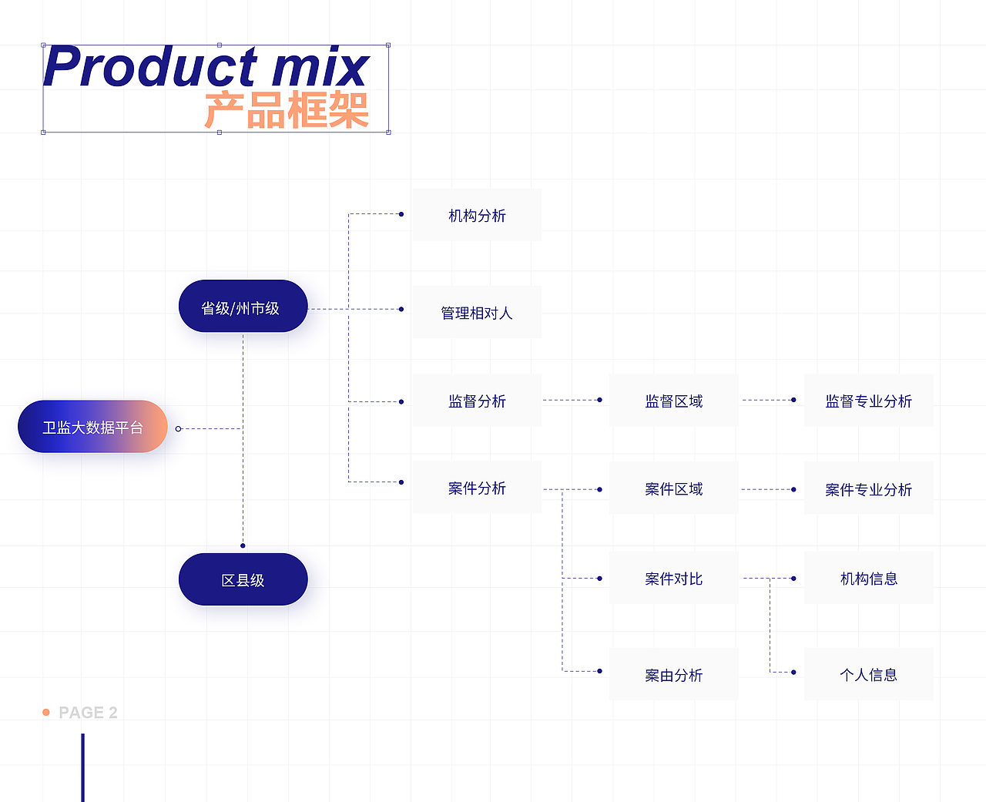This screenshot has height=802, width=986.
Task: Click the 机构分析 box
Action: pos(477,216)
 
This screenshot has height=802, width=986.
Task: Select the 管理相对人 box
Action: pos(477,313)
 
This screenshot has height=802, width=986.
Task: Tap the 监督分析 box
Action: pos(477,401)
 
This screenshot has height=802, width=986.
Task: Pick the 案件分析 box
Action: pos(477,488)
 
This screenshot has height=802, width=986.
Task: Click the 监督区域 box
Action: pos(673,401)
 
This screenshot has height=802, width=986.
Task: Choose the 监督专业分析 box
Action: pos(868,401)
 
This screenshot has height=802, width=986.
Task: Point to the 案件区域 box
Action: pos(673,488)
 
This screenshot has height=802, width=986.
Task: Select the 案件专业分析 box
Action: pos(868,489)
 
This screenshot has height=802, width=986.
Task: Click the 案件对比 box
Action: pos(673,578)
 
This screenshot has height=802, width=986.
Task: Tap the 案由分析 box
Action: pos(673,675)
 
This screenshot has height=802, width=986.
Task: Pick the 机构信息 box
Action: pos(868,578)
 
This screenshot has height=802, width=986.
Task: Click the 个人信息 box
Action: pos(868,675)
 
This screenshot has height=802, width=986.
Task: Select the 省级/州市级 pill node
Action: pos(243,307)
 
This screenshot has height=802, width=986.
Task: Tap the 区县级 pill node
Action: pos(243,579)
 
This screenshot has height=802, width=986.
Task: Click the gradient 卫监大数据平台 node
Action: pos(92,427)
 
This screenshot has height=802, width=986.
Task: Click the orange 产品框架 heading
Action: pos(287,110)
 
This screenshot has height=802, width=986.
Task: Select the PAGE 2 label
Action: pos(88,713)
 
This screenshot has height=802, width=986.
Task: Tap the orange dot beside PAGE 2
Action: pos(46,713)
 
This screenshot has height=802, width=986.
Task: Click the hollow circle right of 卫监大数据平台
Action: pos(178,428)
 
